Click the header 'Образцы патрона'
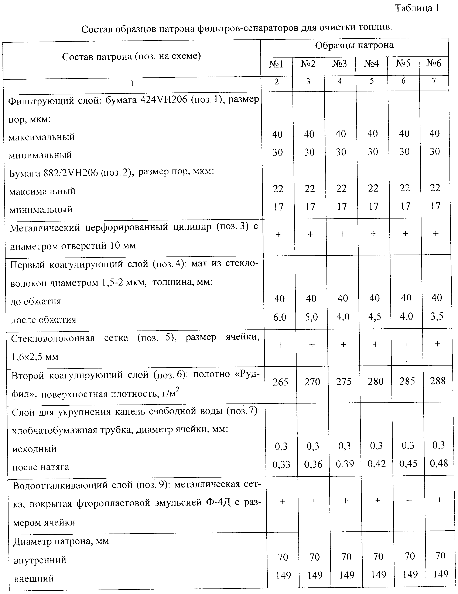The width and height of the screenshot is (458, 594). [x=354, y=45]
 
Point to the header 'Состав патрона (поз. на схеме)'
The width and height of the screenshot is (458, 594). [x=131, y=57]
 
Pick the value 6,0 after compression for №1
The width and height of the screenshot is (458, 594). [x=280, y=317]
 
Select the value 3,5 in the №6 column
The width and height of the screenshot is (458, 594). [x=437, y=316]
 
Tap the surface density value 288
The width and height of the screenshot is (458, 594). [x=438, y=381]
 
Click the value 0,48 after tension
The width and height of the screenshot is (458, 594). [x=439, y=463]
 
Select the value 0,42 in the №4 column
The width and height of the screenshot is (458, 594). [x=377, y=464]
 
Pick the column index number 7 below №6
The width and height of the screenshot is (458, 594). [x=434, y=80]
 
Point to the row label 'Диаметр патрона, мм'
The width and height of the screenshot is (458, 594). [x=61, y=541]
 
